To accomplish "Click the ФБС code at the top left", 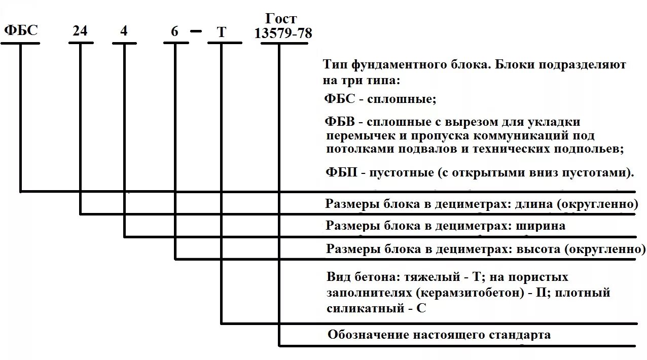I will click(21, 31).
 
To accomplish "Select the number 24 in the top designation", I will click(80, 31).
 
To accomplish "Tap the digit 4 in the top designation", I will click(124, 31).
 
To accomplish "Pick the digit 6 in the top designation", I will click(174, 31).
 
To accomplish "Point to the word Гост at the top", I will click(281, 19).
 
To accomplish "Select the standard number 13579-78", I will click(283, 33).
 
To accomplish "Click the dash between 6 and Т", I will click(196, 31).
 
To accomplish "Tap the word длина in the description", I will click(533, 204).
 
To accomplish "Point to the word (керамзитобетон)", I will click(471, 293).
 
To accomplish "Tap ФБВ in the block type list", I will click(340, 122).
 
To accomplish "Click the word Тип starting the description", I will click(335, 65).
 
